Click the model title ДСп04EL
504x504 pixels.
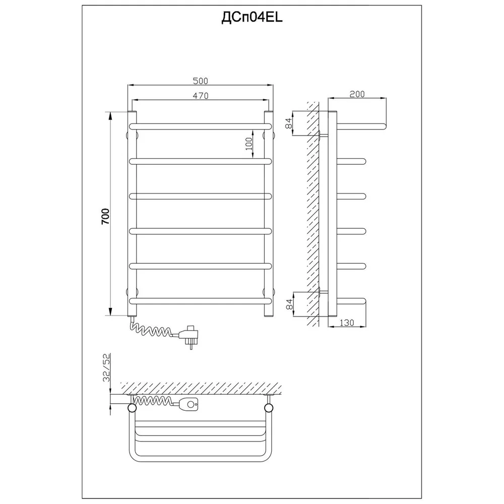coord(251,18)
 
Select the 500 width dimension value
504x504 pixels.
coord(200,81)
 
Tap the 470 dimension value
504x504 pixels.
coord(201,95)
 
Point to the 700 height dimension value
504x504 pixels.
coord(106,216)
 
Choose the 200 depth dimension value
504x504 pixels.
coord(357,94)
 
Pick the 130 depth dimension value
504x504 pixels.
coord(347,323)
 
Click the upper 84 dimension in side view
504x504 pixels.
coord(289,123)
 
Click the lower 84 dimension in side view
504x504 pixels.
coord(289,304)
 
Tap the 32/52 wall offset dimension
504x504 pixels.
coord(107,367)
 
